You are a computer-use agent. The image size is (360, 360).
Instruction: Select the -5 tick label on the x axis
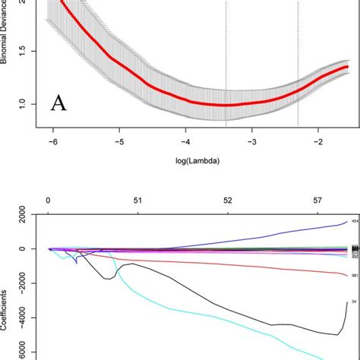point(119,142)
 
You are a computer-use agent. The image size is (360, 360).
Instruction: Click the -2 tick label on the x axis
point(319,142)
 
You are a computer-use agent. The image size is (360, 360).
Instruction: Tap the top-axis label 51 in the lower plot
point(137,201)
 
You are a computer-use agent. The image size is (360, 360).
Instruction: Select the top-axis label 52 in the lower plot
point(227,201)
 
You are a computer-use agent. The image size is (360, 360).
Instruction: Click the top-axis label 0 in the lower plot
point(48,201)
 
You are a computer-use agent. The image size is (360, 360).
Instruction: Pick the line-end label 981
point(354,276)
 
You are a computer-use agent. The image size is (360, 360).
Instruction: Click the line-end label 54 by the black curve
point(353,302)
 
